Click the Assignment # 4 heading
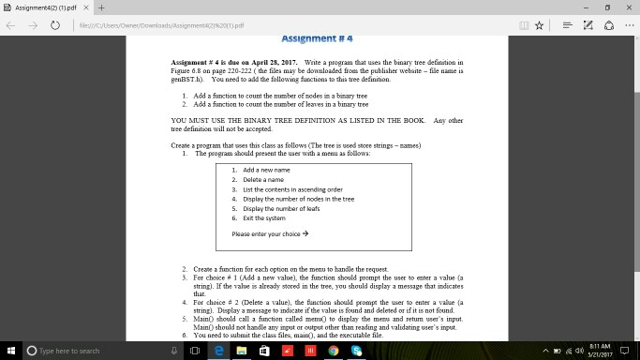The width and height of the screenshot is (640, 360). pyautogui.click(x=320, y=39)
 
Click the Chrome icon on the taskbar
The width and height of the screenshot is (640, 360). pyautogui.click(x=333, y=351)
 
